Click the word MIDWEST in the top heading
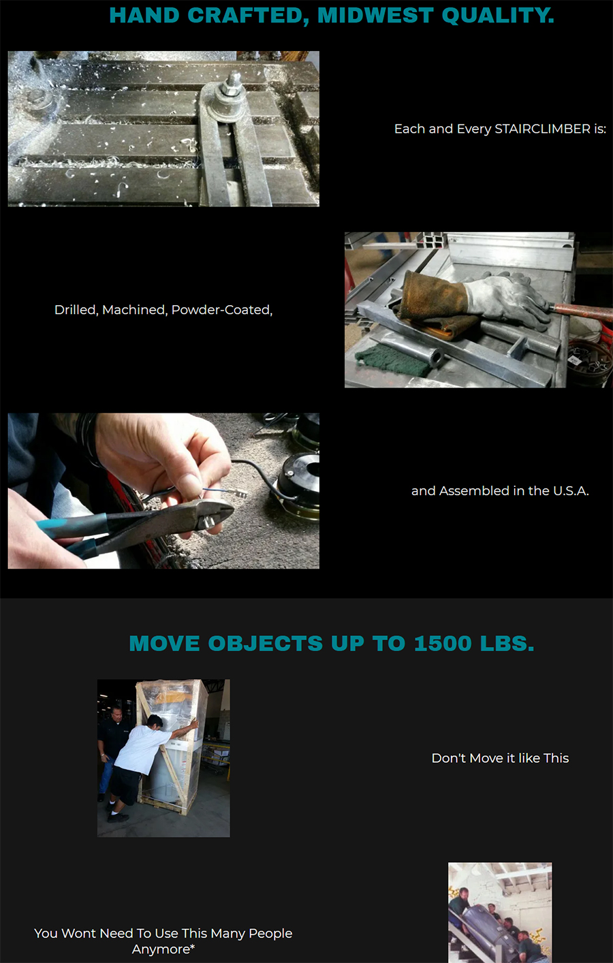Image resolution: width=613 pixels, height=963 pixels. click(375, 15)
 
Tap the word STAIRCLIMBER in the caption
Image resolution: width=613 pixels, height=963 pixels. click(542, 129)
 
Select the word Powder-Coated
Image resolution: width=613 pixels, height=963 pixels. click(222, 309)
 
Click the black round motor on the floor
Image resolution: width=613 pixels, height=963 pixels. click(298, 478)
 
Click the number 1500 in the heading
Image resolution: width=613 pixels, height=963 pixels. click(443, 643)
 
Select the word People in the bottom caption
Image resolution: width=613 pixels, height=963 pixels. click(270, 933)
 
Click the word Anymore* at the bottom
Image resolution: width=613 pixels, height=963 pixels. click(163, 949)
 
